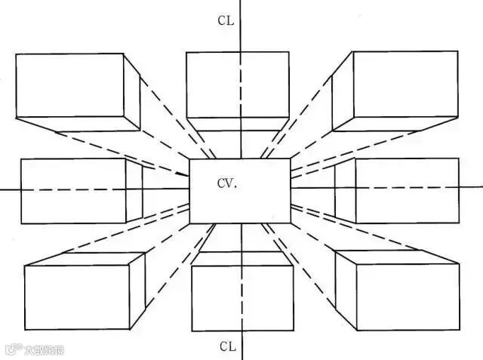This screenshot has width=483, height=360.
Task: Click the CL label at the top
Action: coord(226,20)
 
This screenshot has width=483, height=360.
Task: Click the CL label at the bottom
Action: coord(228,346)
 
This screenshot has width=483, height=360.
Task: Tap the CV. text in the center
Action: coord(227,183)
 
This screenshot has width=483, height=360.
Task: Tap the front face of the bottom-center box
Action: coord(241,297)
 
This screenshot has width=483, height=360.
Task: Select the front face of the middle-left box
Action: coord(72,190)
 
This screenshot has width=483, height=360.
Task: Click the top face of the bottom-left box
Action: coord(87,259)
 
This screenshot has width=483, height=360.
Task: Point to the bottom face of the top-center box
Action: coord(237,124)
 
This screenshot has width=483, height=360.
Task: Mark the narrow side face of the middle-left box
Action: coord(134,190)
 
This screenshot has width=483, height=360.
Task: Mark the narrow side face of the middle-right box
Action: coord(346,190)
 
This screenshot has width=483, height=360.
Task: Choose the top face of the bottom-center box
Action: coord(241,260)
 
